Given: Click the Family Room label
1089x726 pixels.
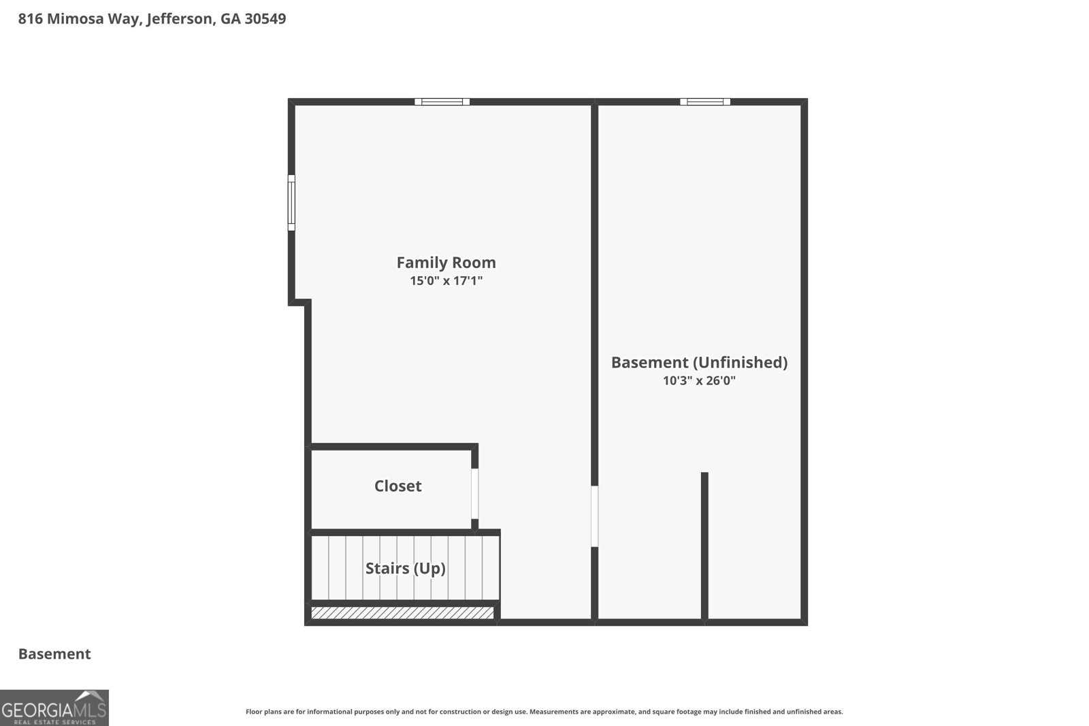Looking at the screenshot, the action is (x=446, y=263).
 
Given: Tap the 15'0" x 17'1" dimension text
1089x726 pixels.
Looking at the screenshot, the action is (x=446, y=281).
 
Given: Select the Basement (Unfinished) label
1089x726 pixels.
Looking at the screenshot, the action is (x=699, y=363).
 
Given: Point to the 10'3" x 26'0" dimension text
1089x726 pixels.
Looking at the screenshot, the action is (x=699, y=380).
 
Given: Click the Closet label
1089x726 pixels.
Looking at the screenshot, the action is (x=397, y=486).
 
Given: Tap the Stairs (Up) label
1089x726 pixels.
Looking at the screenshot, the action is (x=406, y=569).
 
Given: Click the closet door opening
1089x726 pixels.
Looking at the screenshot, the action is (x=474, y=494).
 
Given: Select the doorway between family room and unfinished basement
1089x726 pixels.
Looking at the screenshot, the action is (x=594, y=516).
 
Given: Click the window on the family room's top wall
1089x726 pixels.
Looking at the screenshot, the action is (x=442, y=101).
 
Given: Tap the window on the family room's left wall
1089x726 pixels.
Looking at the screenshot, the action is (x=291, y=203).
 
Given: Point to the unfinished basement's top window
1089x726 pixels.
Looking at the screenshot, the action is (x=705, y=101).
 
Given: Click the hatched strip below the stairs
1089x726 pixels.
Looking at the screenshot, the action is (x=402, y=613).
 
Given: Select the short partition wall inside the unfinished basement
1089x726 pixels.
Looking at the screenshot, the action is (x=704, y=546).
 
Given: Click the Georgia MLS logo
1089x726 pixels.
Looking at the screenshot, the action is (x=54, y=708).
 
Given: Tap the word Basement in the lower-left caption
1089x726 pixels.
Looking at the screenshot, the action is (x=54, y=654).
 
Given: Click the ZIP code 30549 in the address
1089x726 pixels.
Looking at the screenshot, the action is (x=265, y=19).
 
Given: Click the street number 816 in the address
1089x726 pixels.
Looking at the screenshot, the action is (x=30, y=19).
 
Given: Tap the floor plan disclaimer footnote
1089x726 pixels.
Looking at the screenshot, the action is (x=544, y=712).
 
